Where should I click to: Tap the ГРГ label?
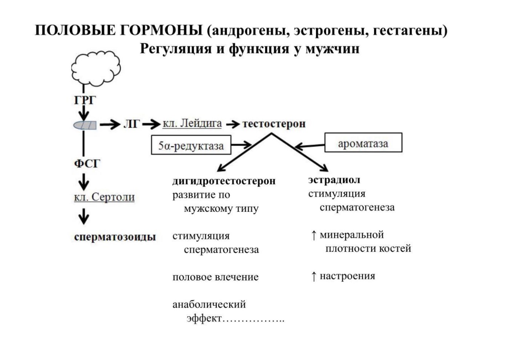coord(85,100)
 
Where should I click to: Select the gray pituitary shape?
coord(85,125)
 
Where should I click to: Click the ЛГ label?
coord(131,124)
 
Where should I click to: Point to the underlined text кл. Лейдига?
coord(192,124)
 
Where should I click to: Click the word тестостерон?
coord(274,124)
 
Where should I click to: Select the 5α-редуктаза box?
coord(191,145)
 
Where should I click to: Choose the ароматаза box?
coord(363,143)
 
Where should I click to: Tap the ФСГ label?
coord(87,163)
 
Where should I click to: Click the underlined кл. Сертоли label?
coord(104,197)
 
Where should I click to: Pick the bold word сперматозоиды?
coord(115,237)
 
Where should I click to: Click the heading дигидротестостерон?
coord(224,181)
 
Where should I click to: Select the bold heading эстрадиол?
coord(334,180)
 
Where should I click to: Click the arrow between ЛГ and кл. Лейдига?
coord(151,124)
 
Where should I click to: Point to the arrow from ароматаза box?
coord(310,146)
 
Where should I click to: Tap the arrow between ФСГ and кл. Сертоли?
coord(84,182)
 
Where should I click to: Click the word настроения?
coord(347,276)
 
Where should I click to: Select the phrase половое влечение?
coord(215,277)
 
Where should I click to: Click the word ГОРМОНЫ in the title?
coord(161,30)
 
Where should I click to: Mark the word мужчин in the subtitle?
coord(332,49)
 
